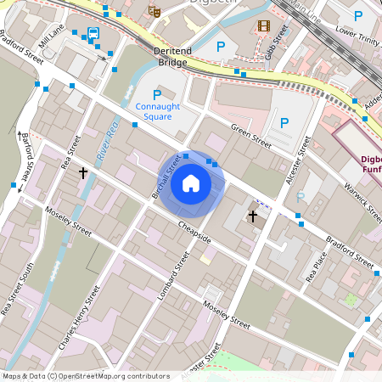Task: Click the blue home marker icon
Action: point(191,183)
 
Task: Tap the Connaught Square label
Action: point(157,111)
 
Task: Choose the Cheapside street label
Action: point(194,231)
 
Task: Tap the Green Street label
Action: point(251,138)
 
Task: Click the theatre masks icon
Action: point(154,11)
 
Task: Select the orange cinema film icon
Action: point(263,26)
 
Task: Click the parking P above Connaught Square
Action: point(156,94)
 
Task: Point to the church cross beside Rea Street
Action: point(83,173)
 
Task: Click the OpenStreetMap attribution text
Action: point(74,376)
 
